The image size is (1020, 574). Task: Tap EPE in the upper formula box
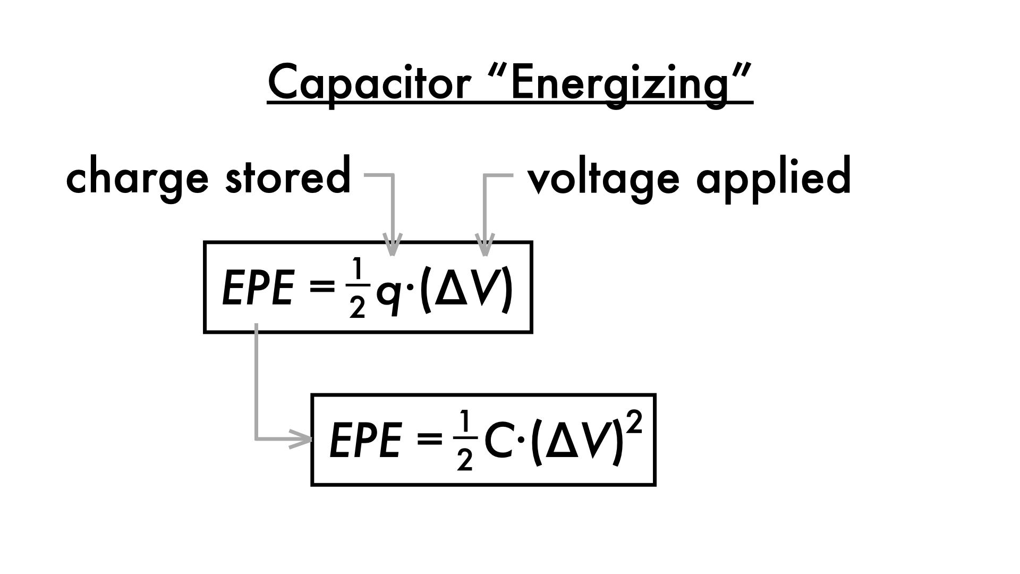tap(258, 289)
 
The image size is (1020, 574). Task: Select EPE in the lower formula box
tap(365, 441)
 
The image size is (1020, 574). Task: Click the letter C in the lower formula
tap(497, 441)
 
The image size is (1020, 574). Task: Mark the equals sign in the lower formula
tap(429, 441)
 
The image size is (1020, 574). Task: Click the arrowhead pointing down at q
tap(392, 246)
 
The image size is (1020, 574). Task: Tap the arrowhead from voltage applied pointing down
tap(484, 246)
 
